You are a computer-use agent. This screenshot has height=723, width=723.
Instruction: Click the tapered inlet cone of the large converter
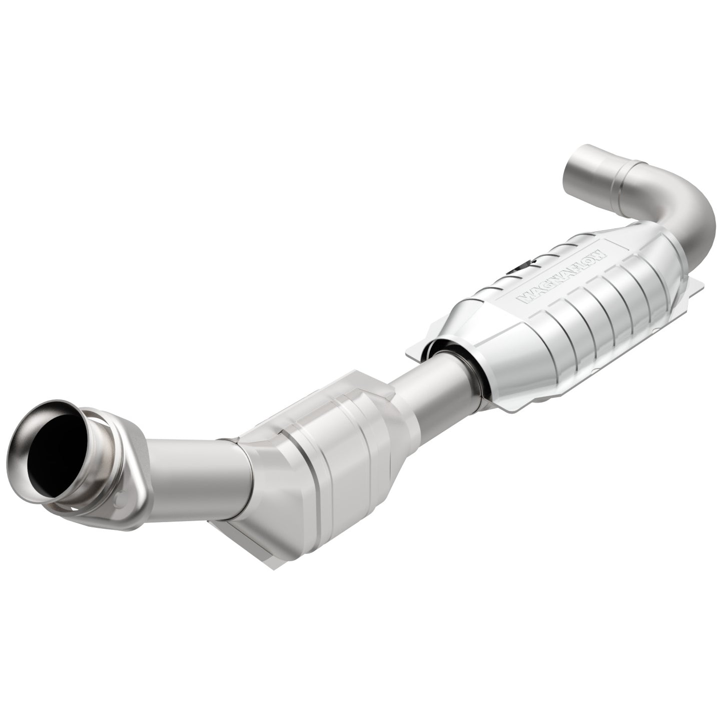pyautogui.click(x=463, y=345)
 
